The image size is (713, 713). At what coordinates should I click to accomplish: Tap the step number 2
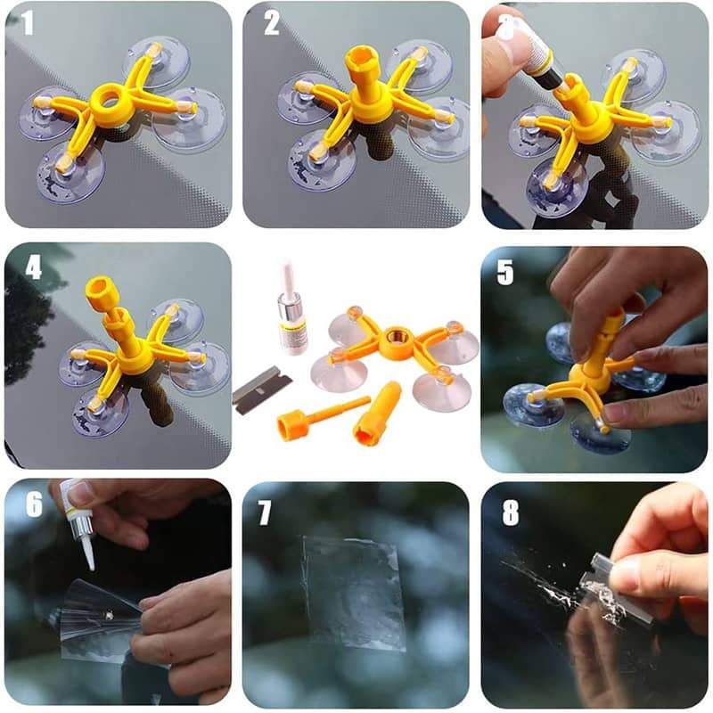(x=271, y=24)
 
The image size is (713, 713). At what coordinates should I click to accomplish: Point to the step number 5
(x=505, y=272)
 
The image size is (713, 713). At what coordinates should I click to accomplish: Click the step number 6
(x=34, y=505)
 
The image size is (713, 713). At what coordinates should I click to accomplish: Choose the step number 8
(x=509, y=512)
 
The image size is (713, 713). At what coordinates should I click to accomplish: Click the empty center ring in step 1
(x=111, y=97)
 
